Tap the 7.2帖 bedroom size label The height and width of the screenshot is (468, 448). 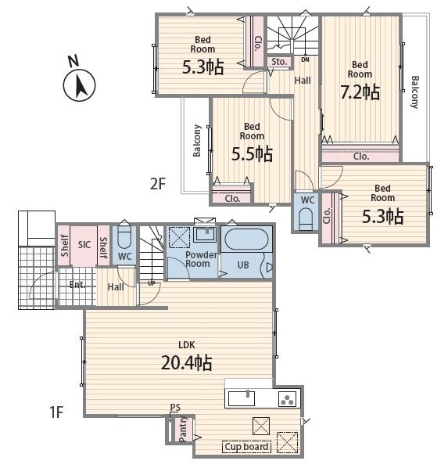pyautogui.click(x=360, y=92)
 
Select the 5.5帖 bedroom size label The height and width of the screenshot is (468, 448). pyautogui.click(x=252, y=153)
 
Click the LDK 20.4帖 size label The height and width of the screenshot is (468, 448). pyautogui.click(x=187, y=363)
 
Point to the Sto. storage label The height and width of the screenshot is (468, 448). pyautogui.click(x=279, y=62)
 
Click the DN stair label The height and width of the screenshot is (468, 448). pyautogui.click(x=305, y=59)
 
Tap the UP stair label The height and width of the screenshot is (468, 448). pyautogui.click(x=152, y=283)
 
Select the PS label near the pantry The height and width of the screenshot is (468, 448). pyautogui.click(x=175, y=408)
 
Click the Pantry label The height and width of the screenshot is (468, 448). pyautogui.click(x=183, y=429)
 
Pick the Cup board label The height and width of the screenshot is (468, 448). pyautogui.click(x=246, y=447)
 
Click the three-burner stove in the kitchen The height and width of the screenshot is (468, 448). pyautogui.click(x=288, y=399)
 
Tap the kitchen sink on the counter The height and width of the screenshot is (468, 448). pyautogui.click(x=242, y=398)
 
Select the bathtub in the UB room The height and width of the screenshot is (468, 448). pyautogui.click(x=246, y=239)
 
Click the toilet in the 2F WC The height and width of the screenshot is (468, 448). pyautogui.click(x=306, y=218)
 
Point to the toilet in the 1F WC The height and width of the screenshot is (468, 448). pyautogui.click(x=124, y=238)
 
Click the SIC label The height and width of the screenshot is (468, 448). pyautogui.click(x=84, y=245)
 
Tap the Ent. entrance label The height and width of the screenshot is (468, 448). pyautogui.click(x=77, y=285)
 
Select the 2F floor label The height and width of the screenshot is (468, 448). pyautogui.click(x=157, y=184)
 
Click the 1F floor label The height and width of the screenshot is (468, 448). pyautogui.click(x=56, y=412)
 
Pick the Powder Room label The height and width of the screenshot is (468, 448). pyautogui.click(x=201, y=259)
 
